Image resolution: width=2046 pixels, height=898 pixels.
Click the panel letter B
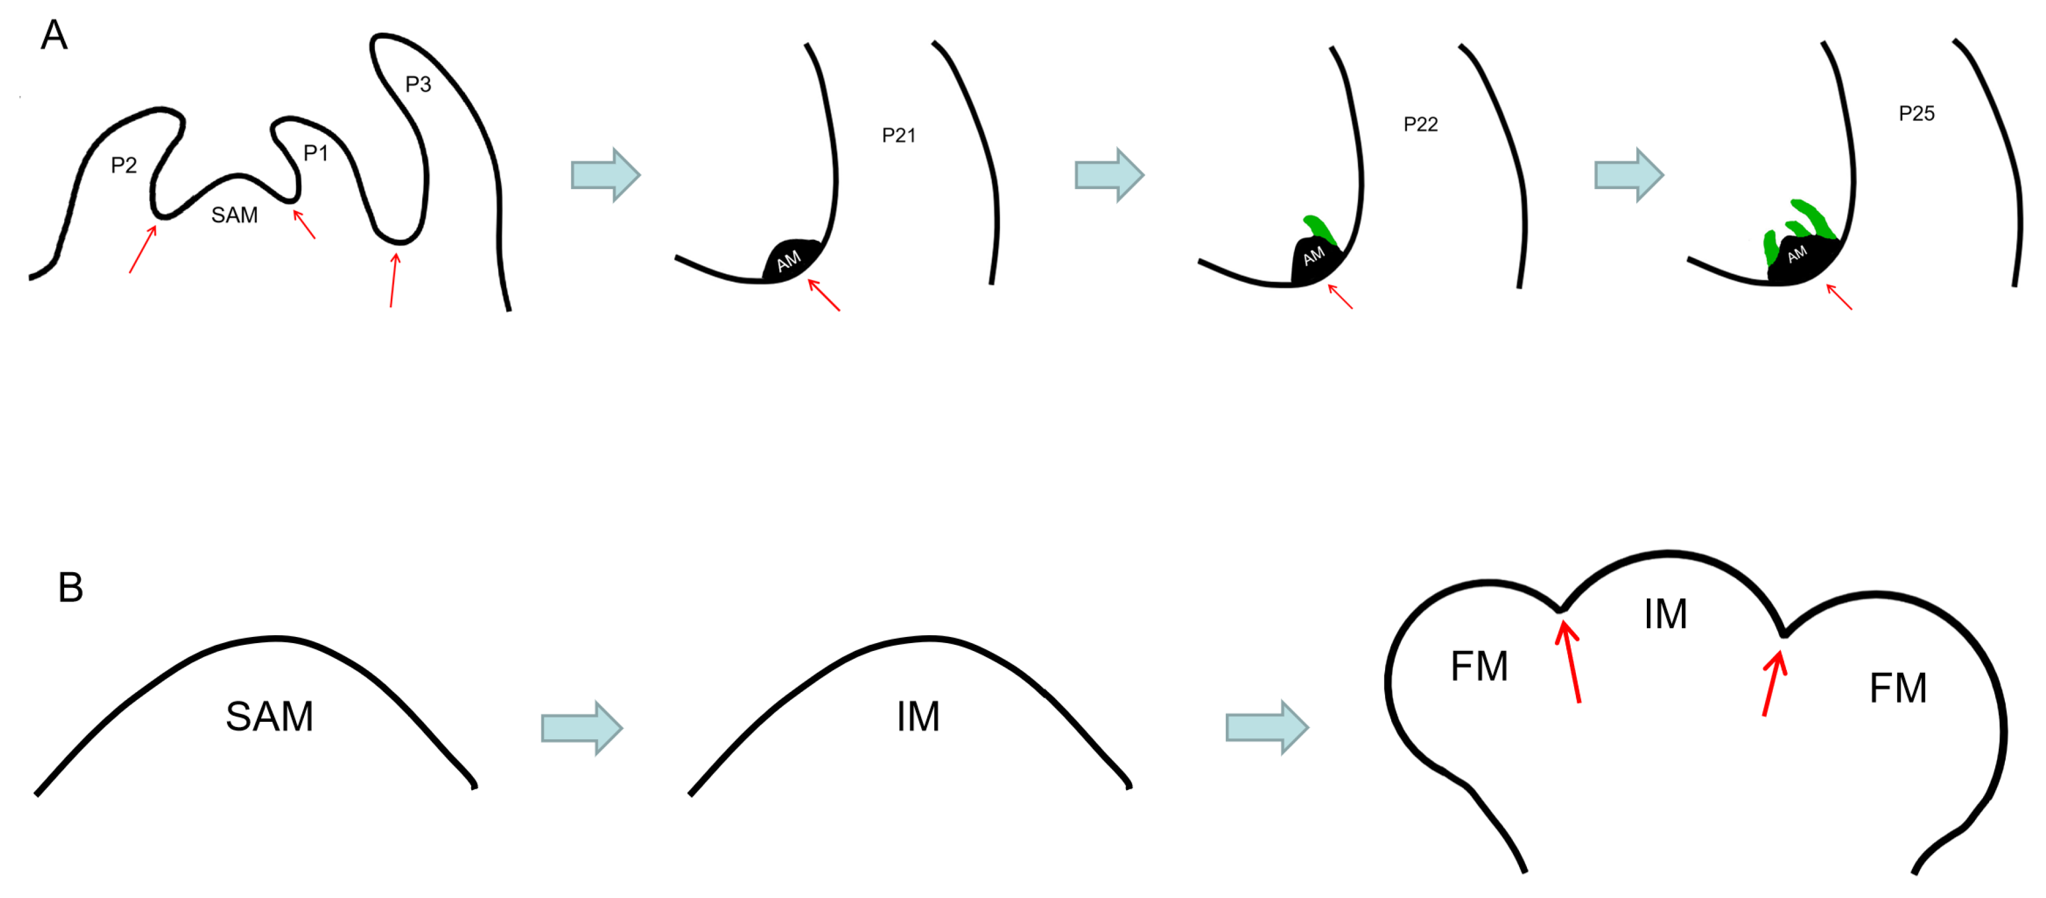71,587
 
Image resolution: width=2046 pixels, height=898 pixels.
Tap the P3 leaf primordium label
418,84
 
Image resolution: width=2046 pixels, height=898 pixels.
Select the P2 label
124,165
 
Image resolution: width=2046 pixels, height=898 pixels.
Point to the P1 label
315,152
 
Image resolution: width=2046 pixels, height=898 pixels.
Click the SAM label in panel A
234,215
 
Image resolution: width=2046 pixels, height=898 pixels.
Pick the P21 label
899,136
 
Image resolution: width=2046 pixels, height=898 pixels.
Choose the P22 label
1420,125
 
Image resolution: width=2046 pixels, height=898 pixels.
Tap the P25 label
1916,114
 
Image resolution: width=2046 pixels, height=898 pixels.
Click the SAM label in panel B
269,716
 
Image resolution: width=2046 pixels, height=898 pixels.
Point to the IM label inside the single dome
918,717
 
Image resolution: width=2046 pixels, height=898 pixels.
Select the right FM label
1897,688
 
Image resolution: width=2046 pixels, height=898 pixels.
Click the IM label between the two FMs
1665,614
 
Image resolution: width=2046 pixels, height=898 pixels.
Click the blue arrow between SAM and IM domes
582,728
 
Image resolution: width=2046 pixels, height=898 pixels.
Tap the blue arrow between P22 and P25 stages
1628,174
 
